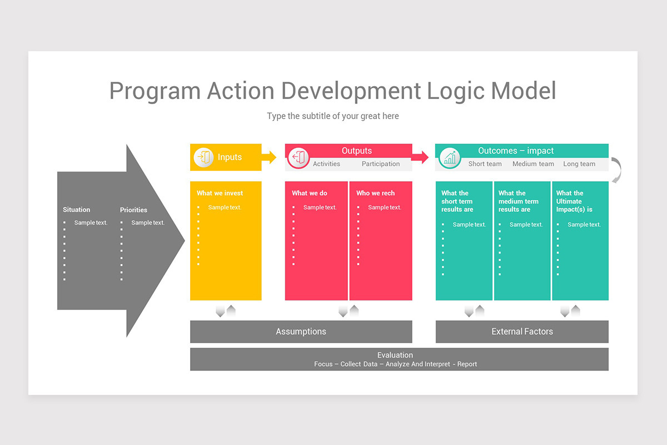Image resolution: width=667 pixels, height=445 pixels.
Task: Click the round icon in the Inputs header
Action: click(x=203, y=158)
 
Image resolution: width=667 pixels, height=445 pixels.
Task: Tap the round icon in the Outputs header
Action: click(x=298, y=158)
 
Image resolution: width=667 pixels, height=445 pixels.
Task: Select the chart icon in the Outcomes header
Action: click(x=449, y=158)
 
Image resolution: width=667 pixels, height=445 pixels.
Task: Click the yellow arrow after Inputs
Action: click(x=269, y=157)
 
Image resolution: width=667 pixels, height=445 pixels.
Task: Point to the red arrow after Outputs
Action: click(x=420, y=157)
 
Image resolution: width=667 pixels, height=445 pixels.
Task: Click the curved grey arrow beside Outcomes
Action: click(x=616, y=170)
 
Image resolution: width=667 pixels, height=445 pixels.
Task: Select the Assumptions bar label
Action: click(x=301, y=332)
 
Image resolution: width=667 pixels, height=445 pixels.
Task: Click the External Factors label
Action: click(x=522, y=332)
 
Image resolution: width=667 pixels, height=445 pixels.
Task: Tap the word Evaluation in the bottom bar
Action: click(x=395, y=355)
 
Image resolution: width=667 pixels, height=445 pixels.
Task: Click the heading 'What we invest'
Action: click(x=220, y=193)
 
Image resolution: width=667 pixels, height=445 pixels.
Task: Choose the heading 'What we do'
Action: click(x=310, y=193)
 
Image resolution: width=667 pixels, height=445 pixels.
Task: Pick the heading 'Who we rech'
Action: click(x=375, y=193)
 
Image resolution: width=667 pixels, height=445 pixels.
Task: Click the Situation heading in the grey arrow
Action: click(x=76, y=210)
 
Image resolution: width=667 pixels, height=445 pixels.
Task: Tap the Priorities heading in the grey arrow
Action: click(x=133, y=210)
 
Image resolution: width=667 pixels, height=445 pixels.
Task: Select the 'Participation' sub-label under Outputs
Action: click(x=381, y=164)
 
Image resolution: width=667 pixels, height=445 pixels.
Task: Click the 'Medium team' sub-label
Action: click(x=533, y=164)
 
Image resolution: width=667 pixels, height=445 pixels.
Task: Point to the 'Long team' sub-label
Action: click(x=579, y=164)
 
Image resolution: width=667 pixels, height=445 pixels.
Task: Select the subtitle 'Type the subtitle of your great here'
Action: click(x=333, y=116)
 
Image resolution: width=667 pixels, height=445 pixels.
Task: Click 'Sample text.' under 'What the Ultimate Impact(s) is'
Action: click(x=584, y=225)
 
